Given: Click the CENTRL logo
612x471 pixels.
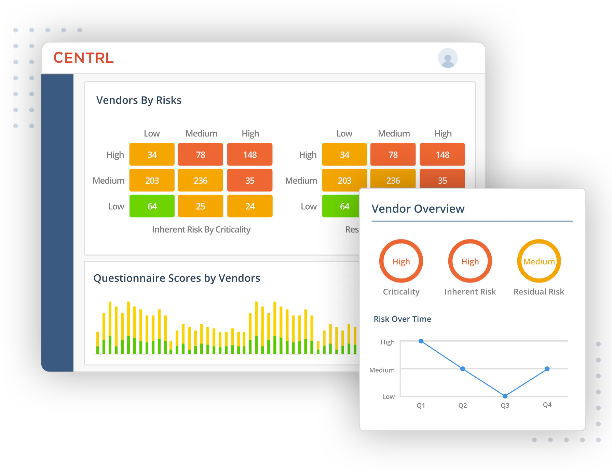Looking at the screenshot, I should pos(83,58).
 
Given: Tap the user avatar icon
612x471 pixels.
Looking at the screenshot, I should pos(448,58).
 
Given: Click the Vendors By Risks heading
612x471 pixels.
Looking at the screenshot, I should pos(139,100).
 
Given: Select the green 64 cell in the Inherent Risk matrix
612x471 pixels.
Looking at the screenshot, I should pos(152,206).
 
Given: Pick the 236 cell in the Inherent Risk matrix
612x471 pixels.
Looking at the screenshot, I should pos(201,180).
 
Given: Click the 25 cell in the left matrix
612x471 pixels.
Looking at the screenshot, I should pos(201,206).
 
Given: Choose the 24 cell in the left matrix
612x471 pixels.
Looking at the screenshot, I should pos(250,206).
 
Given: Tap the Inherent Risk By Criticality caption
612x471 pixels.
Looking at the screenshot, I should pos(201,230).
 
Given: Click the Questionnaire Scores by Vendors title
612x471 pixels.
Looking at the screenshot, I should pos(177,278).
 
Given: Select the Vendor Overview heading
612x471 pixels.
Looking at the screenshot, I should pos(418,209).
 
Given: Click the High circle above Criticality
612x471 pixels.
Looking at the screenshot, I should pos(401,261).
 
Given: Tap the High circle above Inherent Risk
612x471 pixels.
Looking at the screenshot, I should pos(470,261).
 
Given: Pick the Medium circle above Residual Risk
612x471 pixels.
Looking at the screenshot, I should pos(539,261).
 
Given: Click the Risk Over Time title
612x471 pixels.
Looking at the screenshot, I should pos(402,319).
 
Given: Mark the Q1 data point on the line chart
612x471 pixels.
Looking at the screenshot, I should pos(421,341).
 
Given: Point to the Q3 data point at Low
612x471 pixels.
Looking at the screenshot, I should pos(505,396).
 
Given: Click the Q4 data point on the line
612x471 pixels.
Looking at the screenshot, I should pos(547,369).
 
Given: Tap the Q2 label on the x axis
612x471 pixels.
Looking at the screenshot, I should pos(463,405).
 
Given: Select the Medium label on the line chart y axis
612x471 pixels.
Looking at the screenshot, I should pos(382,370).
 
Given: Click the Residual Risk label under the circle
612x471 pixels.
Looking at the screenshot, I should pos(539,292).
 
